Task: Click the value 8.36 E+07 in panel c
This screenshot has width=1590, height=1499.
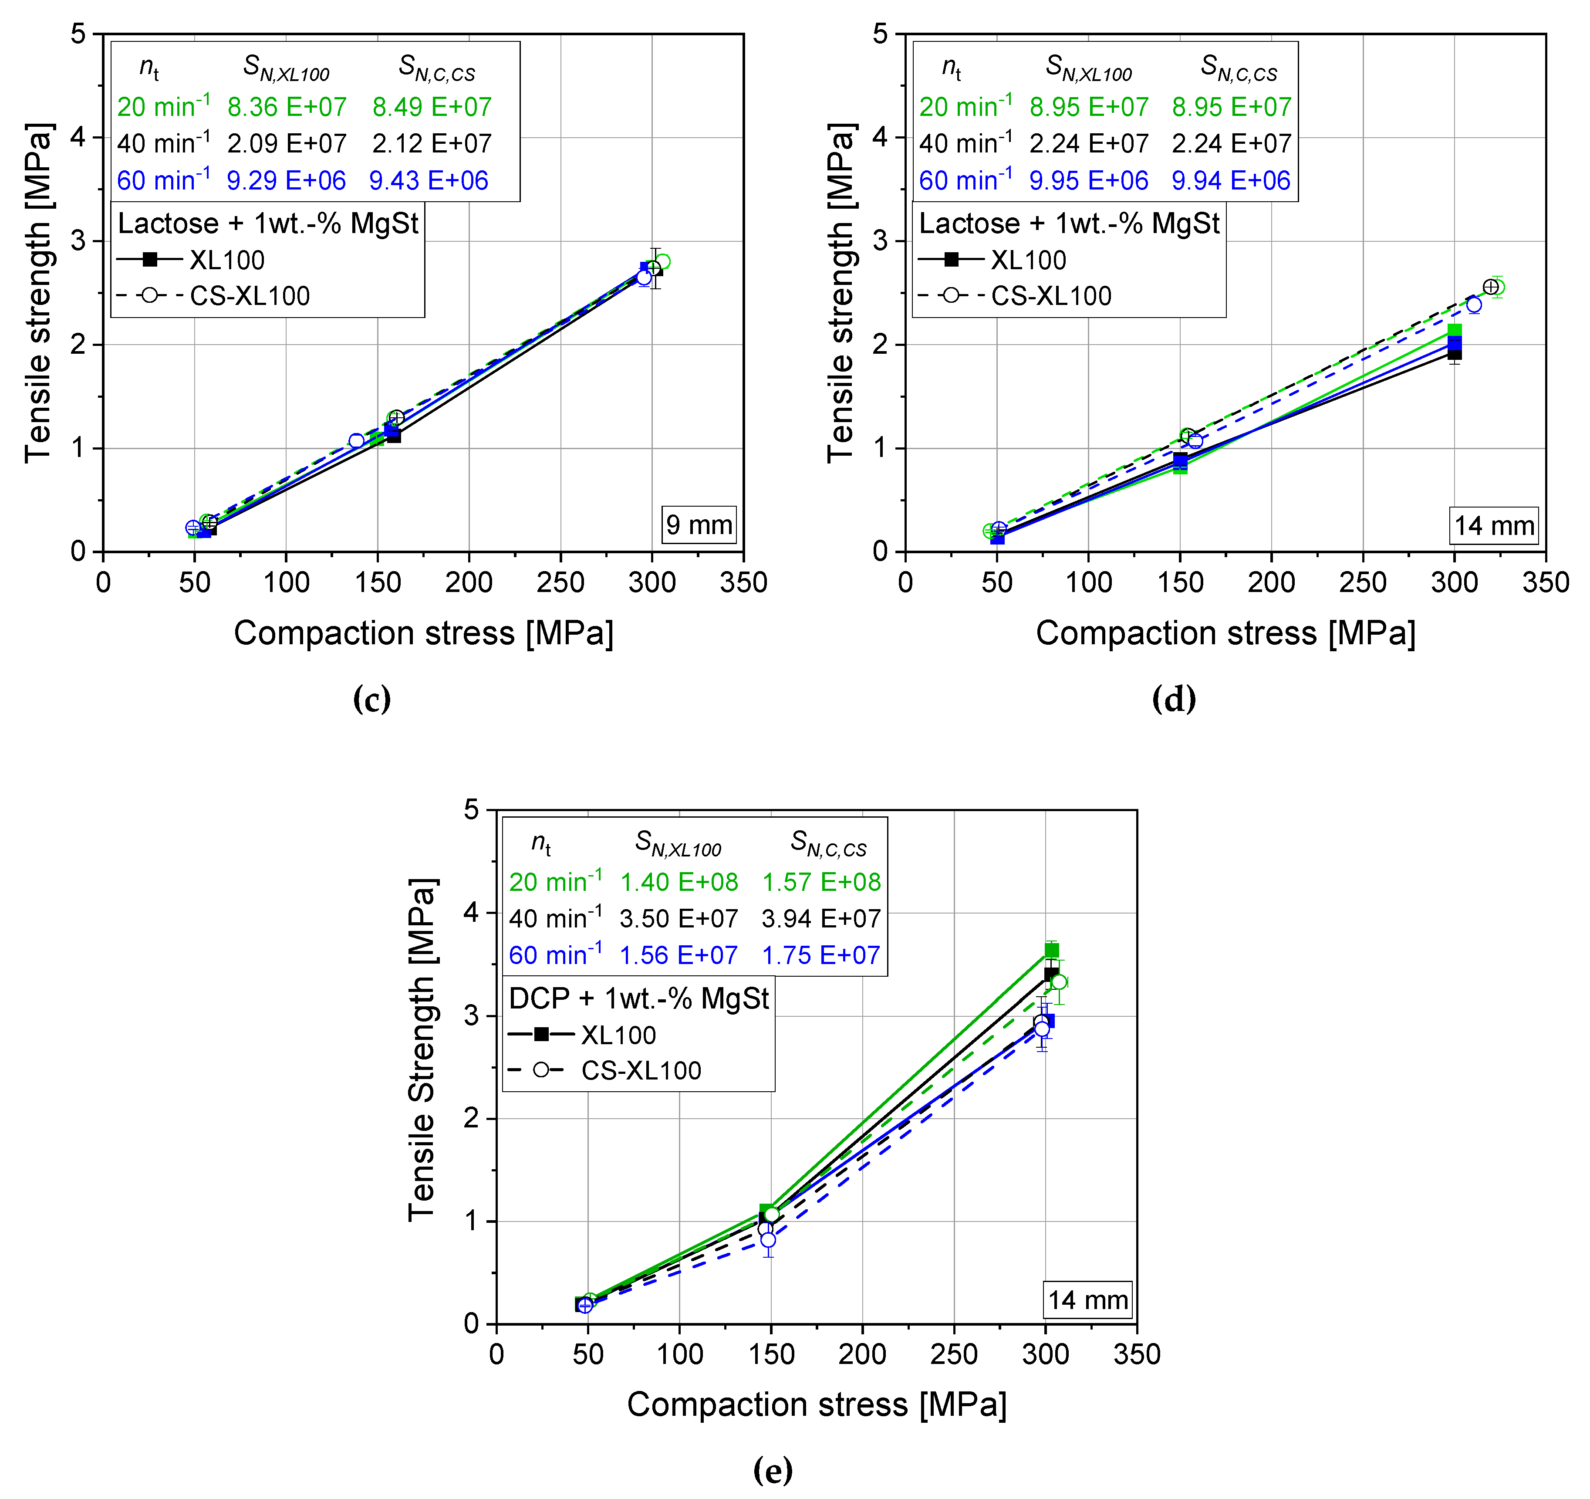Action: point(286,107)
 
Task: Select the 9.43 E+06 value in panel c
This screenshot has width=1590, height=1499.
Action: point(429,181)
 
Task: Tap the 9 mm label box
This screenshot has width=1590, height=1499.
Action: point(698,525)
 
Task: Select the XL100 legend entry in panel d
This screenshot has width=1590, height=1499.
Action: point(1028,260)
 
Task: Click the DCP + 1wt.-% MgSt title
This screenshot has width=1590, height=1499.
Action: point(638,998)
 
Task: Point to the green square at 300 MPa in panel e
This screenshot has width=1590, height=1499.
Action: point(1052,950)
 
